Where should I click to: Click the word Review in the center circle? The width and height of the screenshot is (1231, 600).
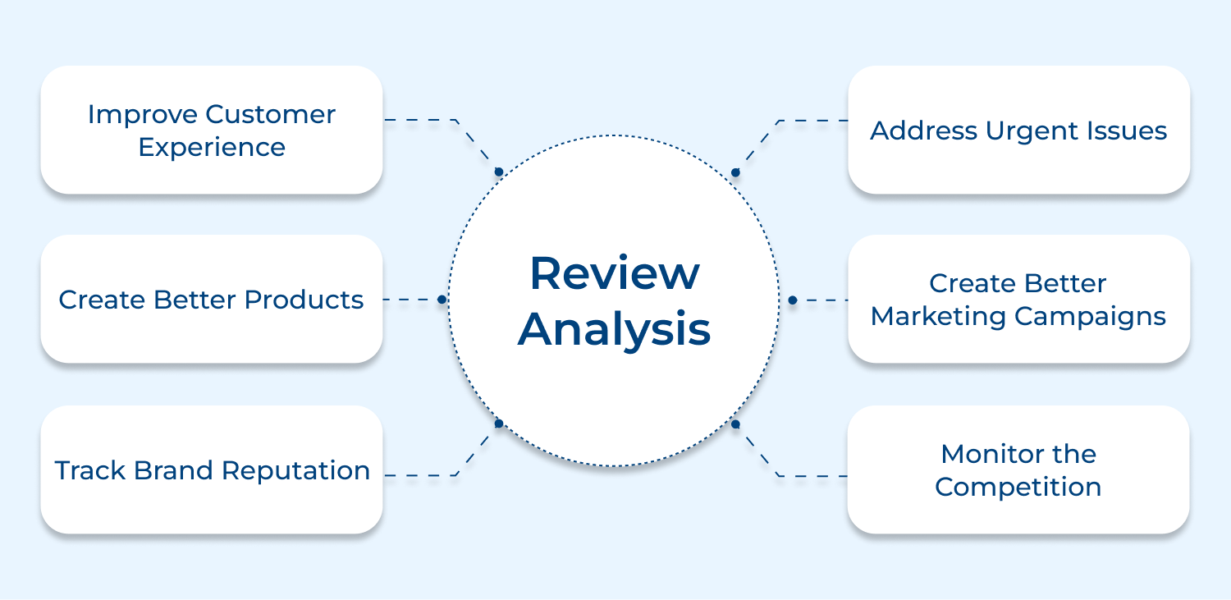[x=614, y=273]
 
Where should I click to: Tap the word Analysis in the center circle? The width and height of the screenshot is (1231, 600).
[x=614, y=329]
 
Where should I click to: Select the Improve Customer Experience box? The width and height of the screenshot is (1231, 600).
[x=212, y=130]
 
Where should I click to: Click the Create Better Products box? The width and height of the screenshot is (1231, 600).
[x=212, y=300]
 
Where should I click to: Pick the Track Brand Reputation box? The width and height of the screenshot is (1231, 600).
[x=212, y=469]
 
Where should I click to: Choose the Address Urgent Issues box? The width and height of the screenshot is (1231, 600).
[x=1018, y=130]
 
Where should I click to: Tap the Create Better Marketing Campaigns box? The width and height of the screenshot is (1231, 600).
[x=1018, y=300]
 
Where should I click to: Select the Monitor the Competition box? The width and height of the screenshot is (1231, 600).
[x=1018, y=469]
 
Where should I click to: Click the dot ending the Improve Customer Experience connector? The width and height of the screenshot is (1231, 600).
[x=498, y=172]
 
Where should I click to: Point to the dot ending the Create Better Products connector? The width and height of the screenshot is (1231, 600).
[x=442, y=300]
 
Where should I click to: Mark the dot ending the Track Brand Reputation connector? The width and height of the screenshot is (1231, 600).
[x=498, y=424]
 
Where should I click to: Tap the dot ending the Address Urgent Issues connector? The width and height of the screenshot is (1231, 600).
[x=735, y=172]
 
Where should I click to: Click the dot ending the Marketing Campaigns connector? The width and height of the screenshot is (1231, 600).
[x=792, y=300]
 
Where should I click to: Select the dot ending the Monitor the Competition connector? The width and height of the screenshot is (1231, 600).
[x=735, y=424]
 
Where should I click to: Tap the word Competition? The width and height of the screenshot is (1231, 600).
[x=1018, y=487]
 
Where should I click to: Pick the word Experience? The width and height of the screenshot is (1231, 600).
[x=212, y=148]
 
